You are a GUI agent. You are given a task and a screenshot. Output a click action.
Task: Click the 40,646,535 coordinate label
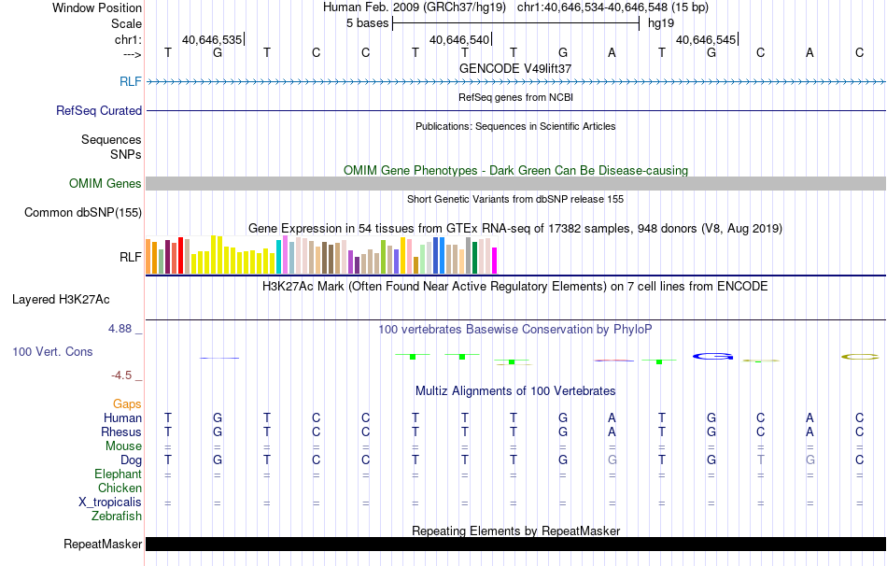point(212,39)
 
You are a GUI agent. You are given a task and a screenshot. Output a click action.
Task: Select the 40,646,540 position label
point(458,39)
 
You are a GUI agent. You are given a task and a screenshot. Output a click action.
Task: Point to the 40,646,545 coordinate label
point(706,39)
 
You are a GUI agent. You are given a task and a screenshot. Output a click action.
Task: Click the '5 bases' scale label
point(365,23)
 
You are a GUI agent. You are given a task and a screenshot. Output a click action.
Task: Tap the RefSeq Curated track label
point(99,110)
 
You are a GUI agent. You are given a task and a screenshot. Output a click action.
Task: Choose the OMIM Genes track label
point(106,183)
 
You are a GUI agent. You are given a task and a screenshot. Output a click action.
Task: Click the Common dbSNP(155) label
point(83,212)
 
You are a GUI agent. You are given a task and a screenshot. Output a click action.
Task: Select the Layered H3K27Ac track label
point(61,300)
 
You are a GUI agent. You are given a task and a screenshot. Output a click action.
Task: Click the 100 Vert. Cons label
point(52,352)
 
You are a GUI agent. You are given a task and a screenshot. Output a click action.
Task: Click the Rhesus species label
point(121,432)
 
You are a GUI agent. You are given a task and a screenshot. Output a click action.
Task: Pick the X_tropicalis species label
point(110,502)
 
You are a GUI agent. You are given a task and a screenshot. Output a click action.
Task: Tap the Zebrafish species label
point(117,516)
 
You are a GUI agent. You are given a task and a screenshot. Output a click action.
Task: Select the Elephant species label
point(119,474)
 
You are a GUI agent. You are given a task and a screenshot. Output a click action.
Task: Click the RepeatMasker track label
point(103,544)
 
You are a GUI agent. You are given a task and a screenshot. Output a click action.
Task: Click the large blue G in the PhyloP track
point(712,356)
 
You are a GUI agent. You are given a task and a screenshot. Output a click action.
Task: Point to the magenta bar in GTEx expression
point(495,261)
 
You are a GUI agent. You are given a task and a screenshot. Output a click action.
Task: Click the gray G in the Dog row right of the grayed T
point(810,460)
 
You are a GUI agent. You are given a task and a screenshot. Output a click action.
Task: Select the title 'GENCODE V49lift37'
point(515,68)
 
